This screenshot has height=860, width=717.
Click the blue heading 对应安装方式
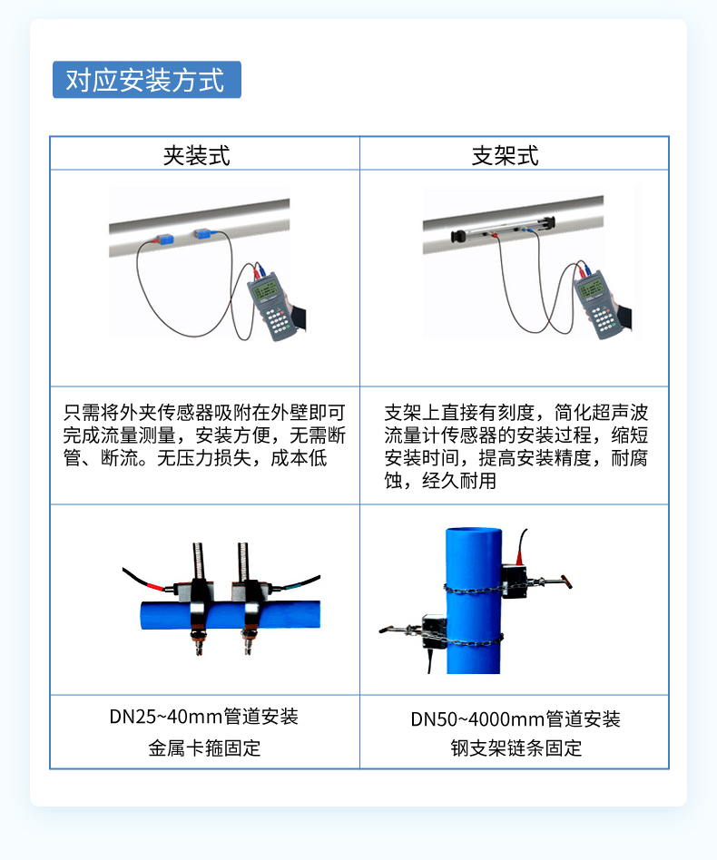(146, 80)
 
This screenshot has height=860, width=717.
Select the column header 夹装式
(197, 156)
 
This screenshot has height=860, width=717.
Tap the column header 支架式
(506, 156)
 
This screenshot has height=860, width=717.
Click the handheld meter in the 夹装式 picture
(273, 307)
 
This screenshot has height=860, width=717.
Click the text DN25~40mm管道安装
(203, 717)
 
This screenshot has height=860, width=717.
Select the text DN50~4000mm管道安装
(516, 718)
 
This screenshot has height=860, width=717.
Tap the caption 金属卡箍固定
(204, 748)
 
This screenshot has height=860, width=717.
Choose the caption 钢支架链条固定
(516, 748)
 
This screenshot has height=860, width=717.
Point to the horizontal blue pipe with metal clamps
(231, 615)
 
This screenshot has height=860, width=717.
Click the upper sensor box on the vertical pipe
(514, 581)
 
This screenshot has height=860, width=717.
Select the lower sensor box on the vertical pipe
(434, 630)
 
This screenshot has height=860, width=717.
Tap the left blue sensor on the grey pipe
(163, 239)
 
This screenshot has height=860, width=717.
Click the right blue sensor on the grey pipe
(202, 234)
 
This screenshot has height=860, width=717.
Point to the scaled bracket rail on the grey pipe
(503, 229)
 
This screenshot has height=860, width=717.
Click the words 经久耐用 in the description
(459, 481)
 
